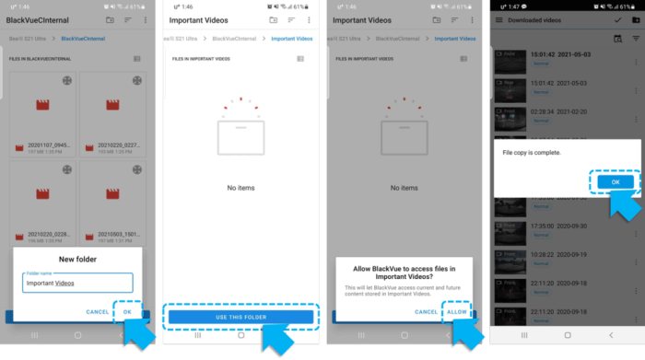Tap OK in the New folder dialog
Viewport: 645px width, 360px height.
[x=127, y=311]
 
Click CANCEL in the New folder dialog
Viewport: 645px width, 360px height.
[x=98, y=311]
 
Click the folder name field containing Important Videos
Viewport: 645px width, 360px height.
[x=78, y=283]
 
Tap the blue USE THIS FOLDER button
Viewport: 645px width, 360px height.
[x=240, y=317]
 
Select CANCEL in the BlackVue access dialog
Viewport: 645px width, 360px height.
[x=426, y=311]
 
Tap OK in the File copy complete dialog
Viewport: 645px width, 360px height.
[x=615, y=182]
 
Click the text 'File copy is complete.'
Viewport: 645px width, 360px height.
[x=532, y=152]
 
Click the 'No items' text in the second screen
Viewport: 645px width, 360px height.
[x=240, y=188]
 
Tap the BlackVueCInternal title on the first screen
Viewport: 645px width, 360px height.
[x=41, y=19]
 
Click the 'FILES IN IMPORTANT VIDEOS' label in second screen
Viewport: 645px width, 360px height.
[x=202, y=59]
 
